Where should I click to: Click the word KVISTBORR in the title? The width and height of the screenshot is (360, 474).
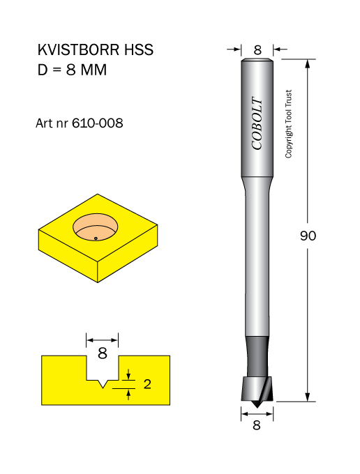[x=78, y=50]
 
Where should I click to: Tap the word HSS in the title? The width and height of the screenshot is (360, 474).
[x=139, y=50]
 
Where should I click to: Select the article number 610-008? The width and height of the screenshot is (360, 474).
[x=98, y=123]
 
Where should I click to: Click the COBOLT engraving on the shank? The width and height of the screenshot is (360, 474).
[x=257, y=123]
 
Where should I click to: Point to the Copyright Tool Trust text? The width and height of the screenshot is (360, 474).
[x=289, y=124]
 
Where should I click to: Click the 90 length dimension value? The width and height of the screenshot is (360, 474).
[x=308, y=236]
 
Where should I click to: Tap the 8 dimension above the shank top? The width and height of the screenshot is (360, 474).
[x=257, y=50]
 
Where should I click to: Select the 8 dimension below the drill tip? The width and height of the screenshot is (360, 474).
[x=257, y=425]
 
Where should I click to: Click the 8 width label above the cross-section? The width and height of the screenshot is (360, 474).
[x=103, y=353]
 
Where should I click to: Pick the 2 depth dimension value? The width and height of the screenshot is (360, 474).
[x=147, y=384]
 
